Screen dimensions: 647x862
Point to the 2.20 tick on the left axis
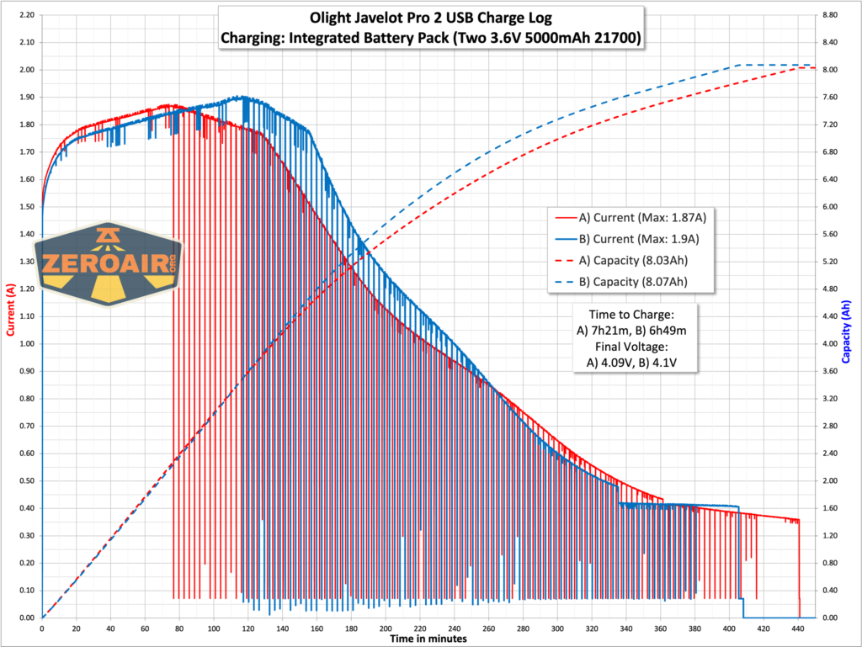(24, 15)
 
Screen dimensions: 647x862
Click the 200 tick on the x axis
(386, 628)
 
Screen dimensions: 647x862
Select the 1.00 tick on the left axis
(24, 344)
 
